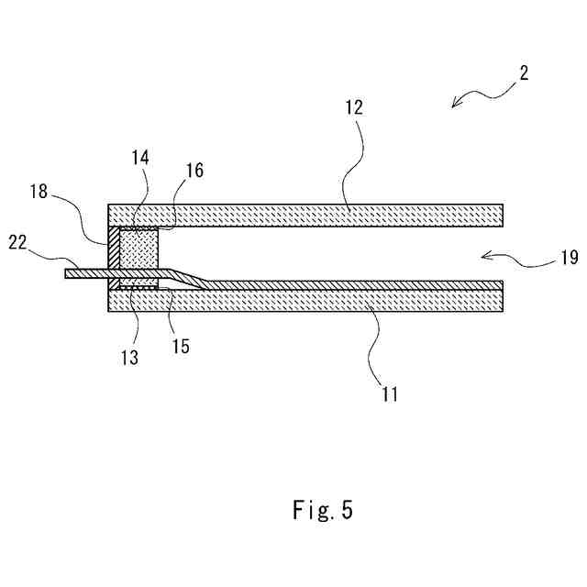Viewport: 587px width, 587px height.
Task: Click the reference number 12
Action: pyautogui.click(x=355, y=107)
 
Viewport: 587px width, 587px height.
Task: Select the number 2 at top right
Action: pyautogui.click(x=522, y=74)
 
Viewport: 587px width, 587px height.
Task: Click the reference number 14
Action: pyautogui.click(x=140, y=158)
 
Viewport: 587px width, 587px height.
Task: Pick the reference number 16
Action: pyautogui.click(x=194, y=171)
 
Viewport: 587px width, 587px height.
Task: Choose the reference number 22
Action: pyautogui.click(x=18, y=241)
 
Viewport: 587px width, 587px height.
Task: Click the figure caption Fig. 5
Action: pyautogui.click(x=323, y=510)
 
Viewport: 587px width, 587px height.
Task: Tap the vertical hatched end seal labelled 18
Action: pyautogui.click(x=114, y=248)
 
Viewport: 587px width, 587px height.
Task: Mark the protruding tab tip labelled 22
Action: pyautogui.click(x=70, y=273)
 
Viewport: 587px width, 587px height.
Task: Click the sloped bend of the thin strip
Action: pyautogui.click(x=183, y=278)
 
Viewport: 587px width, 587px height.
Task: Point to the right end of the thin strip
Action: pyautogui.click(x=499, y=284)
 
